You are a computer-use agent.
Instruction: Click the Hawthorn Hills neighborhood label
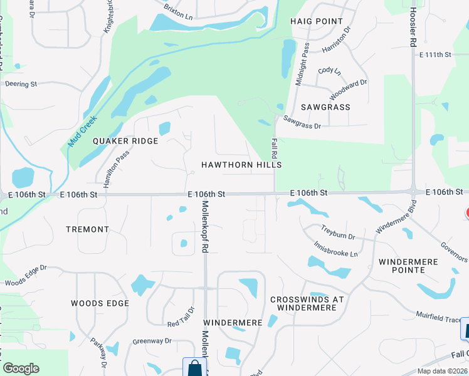point(241,164)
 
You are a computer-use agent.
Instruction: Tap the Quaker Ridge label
point(125,141)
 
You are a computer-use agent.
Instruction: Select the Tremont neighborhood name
point(87,229)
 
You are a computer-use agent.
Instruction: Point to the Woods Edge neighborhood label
point(100,303)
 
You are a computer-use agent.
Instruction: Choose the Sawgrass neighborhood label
point(325,107)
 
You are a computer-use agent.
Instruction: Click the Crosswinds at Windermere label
point(307,303)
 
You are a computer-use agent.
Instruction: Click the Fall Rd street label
point(275,149)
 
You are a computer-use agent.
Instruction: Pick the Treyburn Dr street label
point(338,232)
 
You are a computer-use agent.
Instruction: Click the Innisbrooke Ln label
point(335,249)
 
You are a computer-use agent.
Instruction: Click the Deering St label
point(22,83)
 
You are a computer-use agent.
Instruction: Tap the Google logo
point(21,368)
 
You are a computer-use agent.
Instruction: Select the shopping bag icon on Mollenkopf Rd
point(194,367)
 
